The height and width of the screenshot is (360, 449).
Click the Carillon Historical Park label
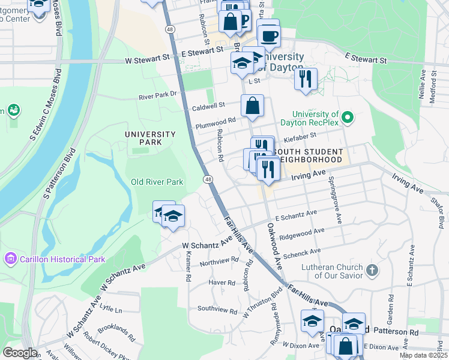62,259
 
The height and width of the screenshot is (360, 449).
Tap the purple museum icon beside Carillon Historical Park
10,259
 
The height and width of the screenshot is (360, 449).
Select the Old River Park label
157,182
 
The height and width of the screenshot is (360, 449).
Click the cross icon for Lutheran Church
372,271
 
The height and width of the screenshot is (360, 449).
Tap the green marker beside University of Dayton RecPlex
347,116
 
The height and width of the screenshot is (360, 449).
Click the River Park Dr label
158,95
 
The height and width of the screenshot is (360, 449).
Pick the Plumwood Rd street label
215,124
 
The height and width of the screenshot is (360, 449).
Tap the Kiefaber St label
316,137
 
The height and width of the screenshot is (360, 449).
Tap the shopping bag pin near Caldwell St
253,106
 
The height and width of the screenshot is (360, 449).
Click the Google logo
20,353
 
